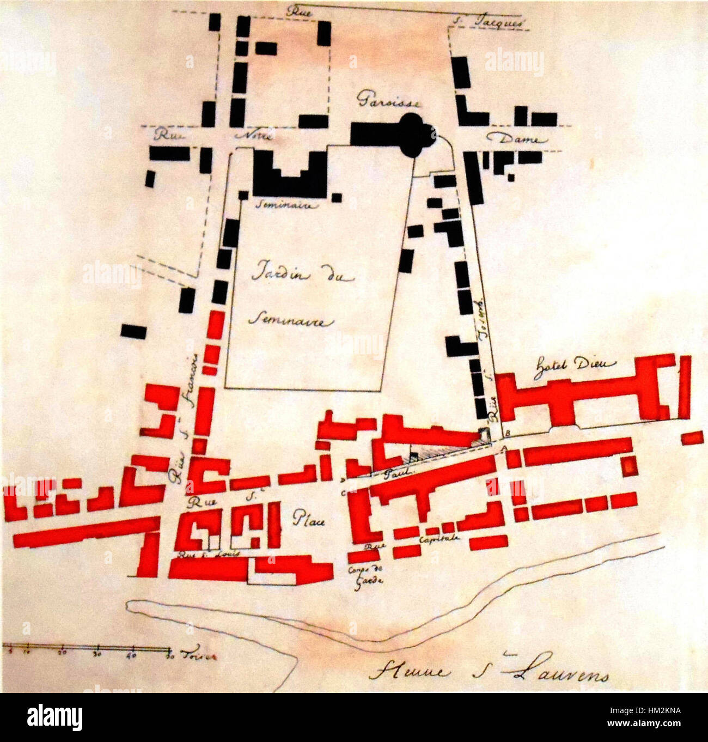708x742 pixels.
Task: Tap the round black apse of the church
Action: click(416, 133)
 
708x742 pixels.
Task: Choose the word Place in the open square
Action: click(309, 520)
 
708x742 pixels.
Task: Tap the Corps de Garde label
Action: click(365, 575)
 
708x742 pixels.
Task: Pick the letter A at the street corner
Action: click(504, 448)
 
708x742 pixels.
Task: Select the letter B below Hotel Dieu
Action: click(507, 434)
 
